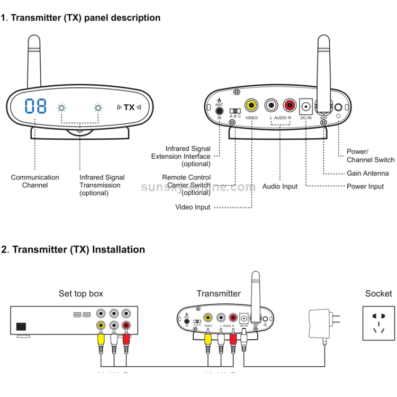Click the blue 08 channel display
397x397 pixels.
point(35,106)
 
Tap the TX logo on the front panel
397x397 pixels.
point(129,107)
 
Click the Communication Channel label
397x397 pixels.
point(35,181)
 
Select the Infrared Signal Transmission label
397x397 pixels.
point(102,185)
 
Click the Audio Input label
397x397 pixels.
point(279,186)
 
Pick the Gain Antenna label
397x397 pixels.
point(367,173)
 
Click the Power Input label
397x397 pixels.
point(365,186)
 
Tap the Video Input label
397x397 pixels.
point(193,207)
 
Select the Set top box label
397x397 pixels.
point(81,293)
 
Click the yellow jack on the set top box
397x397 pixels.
point(101,326)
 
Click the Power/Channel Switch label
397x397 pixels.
point(370,156)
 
